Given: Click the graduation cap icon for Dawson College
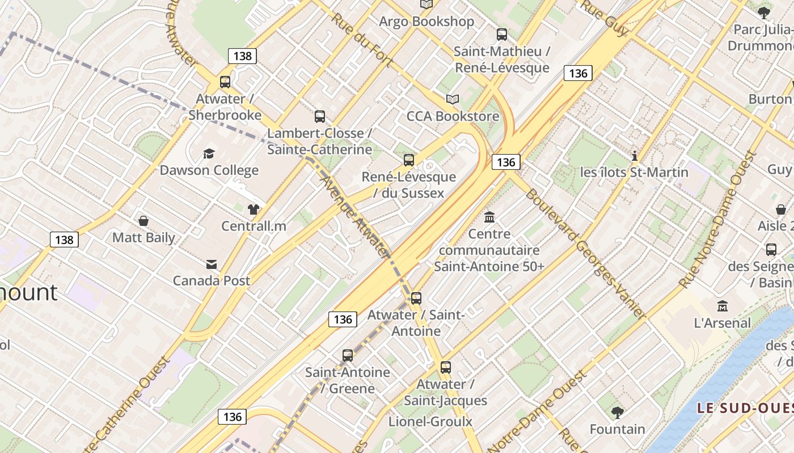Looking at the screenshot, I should pos(209,153).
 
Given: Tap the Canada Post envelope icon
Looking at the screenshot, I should pos(212,264).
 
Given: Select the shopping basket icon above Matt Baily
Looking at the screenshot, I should pos(143,220).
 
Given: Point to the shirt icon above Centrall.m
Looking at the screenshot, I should pos(253,209).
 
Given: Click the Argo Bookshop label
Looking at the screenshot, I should pos(426,22).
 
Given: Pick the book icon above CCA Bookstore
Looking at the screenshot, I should pos(452,100).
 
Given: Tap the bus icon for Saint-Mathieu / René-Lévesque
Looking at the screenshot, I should pos(502,35).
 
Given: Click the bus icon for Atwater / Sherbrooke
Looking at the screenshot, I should pos(225,82).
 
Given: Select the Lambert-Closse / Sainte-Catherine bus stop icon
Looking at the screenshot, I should pos(320,117).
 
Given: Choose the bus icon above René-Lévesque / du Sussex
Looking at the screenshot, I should pos(409,160).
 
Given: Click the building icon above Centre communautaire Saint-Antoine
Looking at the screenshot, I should pos(489,217).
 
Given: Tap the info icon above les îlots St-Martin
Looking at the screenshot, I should pos(635,156).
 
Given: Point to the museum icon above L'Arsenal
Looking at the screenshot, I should pos(723,306).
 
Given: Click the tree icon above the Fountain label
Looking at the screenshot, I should pos(618,412).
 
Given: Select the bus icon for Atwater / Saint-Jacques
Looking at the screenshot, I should pos(446,367).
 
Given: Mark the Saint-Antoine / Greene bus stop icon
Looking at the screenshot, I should pos(348,356).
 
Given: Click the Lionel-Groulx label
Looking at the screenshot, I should pos(430,421).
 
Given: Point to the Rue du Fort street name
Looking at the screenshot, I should pos(361,40).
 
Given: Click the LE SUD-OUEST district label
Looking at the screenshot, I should pos(744,408).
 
